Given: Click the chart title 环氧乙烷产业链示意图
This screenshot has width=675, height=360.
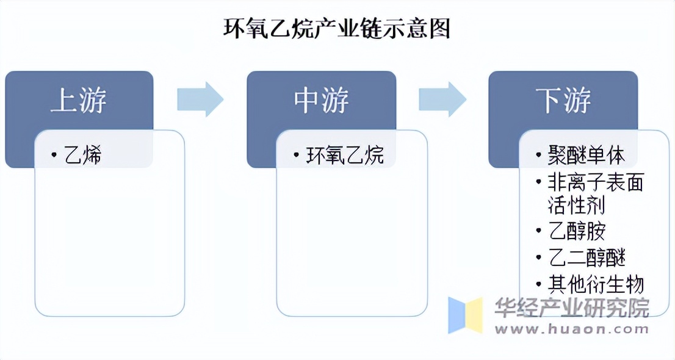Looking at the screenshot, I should pyautogui.click(x=337, y=28).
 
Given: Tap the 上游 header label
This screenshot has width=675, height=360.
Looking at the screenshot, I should pyautogui.click(x=78, y=100).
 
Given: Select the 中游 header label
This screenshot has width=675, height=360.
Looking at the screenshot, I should pyautogui.click(x=321, y=100).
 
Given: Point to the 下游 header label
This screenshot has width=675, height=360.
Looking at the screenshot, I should pyautogui.click(x=563, y=100).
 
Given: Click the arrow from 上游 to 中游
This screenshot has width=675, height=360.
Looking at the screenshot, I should pyautogui.click(x=200, y=99).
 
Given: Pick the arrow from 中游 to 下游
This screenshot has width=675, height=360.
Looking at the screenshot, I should pyautogui.click(x=442, y=99).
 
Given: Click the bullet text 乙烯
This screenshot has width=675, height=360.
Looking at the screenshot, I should pyautogui.click(x=83, y=156).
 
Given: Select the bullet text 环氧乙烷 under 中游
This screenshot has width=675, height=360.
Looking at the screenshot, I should pyautogui.click(x=345, y=156).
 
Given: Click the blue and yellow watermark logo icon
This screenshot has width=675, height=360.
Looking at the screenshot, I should pyautogui.click(x=465, y=315).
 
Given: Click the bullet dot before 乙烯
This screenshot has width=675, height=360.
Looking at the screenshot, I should pyautogui.click(x=55, y=156).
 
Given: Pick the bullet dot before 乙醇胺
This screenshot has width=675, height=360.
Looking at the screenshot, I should pyautogui.click(x=537, y=232).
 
